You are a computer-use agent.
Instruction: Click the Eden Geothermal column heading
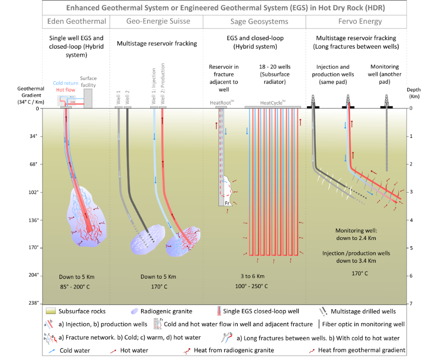click(x=75, y=21)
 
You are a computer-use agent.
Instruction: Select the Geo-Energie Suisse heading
click(x=158, y=21)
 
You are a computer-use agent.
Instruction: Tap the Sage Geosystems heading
click(x=254, y=21)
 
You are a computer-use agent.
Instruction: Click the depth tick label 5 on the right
click(x=411, y=248)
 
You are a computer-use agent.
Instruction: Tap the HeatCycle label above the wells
click(x=273, y=103)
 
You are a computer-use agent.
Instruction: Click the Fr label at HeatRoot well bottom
click(x=227, y=203)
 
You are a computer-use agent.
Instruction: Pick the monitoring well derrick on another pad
click(x=386, y=101)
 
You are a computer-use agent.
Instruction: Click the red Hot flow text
click(x=66, y=90)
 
